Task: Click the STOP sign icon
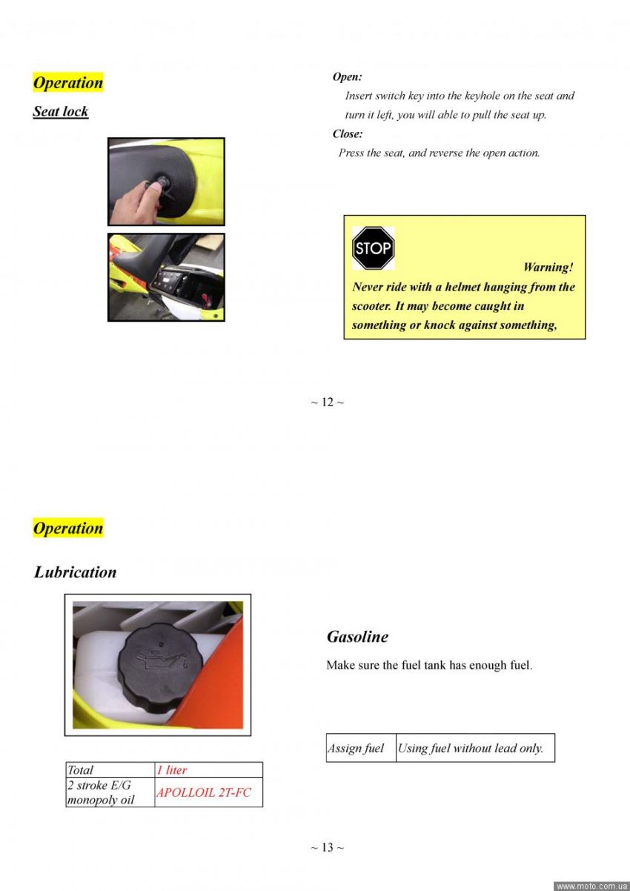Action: pyautogui.click(x=373, y=248)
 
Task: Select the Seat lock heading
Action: pyautogui.click(x=61, y=112)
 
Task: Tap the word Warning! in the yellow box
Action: pyautogui.click(x=548, y=268)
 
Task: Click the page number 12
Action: pyautogui.click(x=327, y=402)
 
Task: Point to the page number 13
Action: pyautogui.click(x=327, y=847)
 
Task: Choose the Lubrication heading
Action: pyautogui.click(x=75, y=572)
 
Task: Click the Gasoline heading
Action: pyautogui.click(x=357, y=637)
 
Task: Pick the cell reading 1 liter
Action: pyautogui.click(x=172, y=770)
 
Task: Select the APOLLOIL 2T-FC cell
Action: pyautogui.click(x=204, y=792)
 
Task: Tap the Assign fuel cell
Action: pyautogui.click(x=356, y=749)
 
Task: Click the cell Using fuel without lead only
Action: pyautogui.click(x=471, y=749)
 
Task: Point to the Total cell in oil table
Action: pyautogui.click(x=81, y=770)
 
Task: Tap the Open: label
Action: pyautogui.click(x=347, y=77)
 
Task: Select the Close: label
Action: pyautogui.click(x=348, y=134)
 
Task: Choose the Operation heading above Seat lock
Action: pyautogui.click(x=67, y=82)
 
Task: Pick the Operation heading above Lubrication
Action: pyautogui.click(x=67, y=529)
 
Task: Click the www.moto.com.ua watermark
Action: pyautogui.click(x=591, y=886)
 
